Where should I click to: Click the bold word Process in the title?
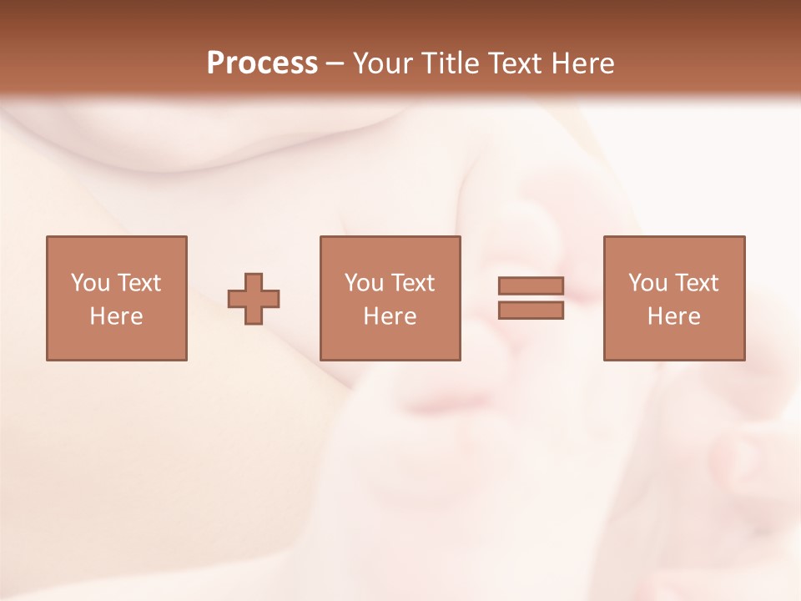[x=262, y=63]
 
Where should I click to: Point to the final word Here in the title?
[x=583, y=63]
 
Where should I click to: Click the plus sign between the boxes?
[x=254, y=299]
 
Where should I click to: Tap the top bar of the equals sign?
[x=531, y=286]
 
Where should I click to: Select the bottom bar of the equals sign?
[x=531, y=310]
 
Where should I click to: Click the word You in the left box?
[x=90, y=283]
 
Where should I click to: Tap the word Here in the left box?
[x=116, y=316]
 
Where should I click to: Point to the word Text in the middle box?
[x=412, y=283]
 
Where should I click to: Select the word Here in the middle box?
[x=390, y=316]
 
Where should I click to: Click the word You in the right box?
[x=647, y=283]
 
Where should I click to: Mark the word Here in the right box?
[x=673, y=316]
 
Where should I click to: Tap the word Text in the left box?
[x=139, y=283]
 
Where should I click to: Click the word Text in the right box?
[x=696, y=283]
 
